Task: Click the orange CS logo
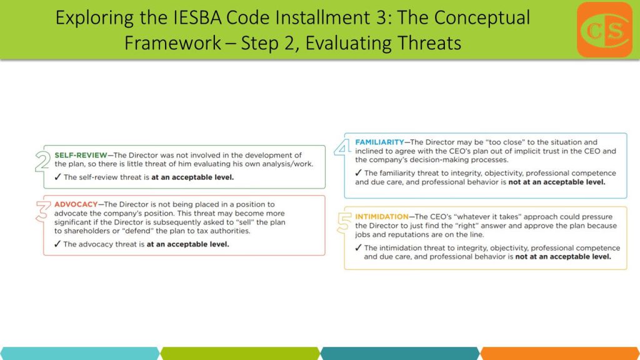click(x=604, y=30)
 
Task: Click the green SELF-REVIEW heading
click(x=81, y=155)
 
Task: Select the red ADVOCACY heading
click(x=76, y=204)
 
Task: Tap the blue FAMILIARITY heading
click(x=379, y=142)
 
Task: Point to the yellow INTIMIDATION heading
click(x=382, y=217)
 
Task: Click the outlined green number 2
click(x=42, y=161)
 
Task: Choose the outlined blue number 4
click(x=343, y=147)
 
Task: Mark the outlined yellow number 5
click(x=344, y=223)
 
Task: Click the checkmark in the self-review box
click(x=57, y=177)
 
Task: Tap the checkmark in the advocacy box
click(x=57, y=244)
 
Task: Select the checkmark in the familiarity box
click(x=358, y=172)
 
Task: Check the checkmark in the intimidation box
click(x=358, y=247)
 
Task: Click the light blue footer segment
click(x=80, y=354)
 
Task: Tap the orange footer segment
click(x=560, y=354)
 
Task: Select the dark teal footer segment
click(x=400, y=354)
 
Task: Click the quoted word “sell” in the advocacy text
click(x=245, y=222)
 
